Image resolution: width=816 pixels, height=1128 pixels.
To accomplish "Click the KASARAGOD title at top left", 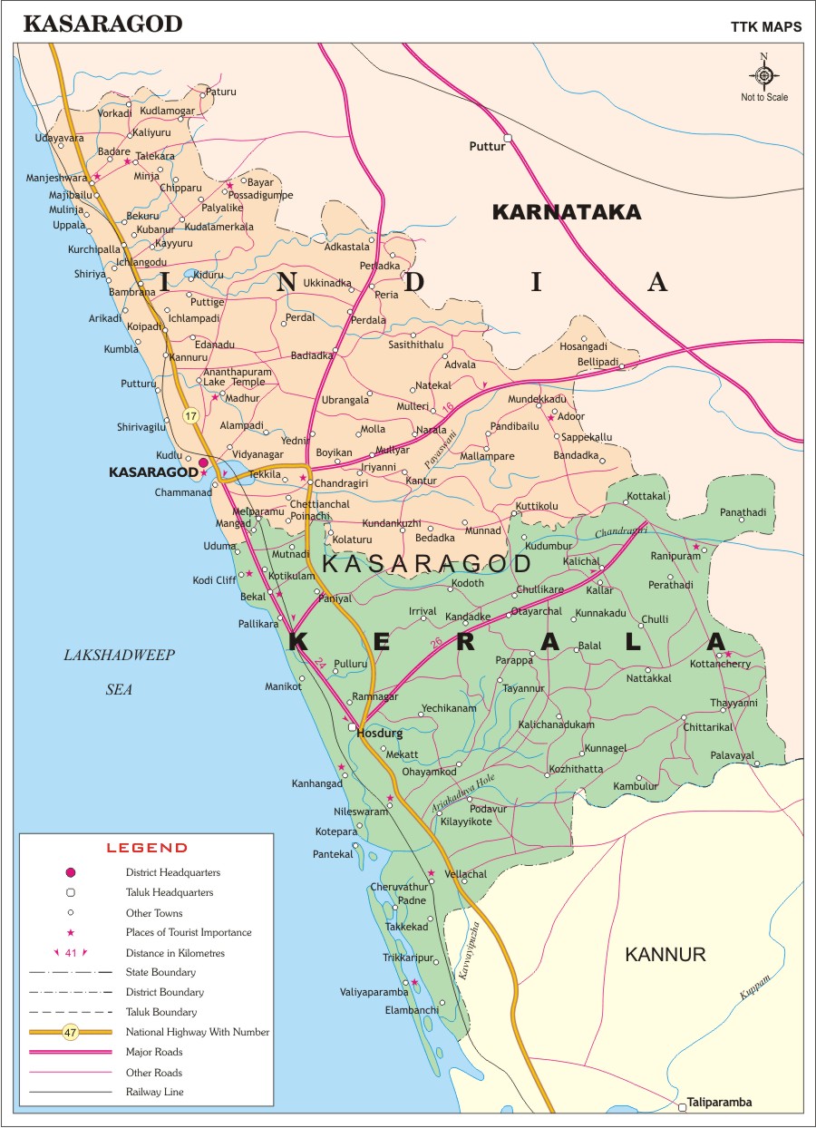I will (102, 24).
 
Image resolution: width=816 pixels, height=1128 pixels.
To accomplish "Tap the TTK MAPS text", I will (765, 26).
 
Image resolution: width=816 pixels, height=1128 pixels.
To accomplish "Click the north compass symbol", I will (764, 74).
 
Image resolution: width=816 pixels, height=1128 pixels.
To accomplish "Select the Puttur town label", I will (485, 146).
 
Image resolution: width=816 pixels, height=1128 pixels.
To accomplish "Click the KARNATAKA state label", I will (566, 212).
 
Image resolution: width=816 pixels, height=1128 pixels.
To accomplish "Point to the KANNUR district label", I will (665, 954).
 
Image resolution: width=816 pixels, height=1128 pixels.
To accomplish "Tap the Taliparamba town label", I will (720, 1104).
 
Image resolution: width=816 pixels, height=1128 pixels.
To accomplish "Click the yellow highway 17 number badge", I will (189, 416).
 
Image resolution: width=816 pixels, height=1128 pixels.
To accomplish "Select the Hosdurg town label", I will (378, 733).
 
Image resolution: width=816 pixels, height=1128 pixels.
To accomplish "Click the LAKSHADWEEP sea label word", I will (119, 655).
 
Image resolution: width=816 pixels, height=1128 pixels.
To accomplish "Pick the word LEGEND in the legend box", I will (147, 848).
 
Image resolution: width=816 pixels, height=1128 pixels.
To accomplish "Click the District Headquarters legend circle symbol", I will (71, 872).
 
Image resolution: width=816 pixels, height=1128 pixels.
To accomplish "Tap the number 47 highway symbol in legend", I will (71, 1032).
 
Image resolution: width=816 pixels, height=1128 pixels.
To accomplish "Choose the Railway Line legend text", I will (154, 1092).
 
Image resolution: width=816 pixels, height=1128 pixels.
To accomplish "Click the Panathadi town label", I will (743, 512).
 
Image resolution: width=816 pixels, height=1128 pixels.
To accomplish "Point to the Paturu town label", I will (221, 92).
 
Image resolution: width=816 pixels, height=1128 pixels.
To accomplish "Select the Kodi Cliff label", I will (214, 580).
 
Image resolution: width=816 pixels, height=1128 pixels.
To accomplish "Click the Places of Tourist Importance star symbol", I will (71, 932).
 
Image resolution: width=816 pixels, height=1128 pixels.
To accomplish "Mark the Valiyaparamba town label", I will (374, 993).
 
